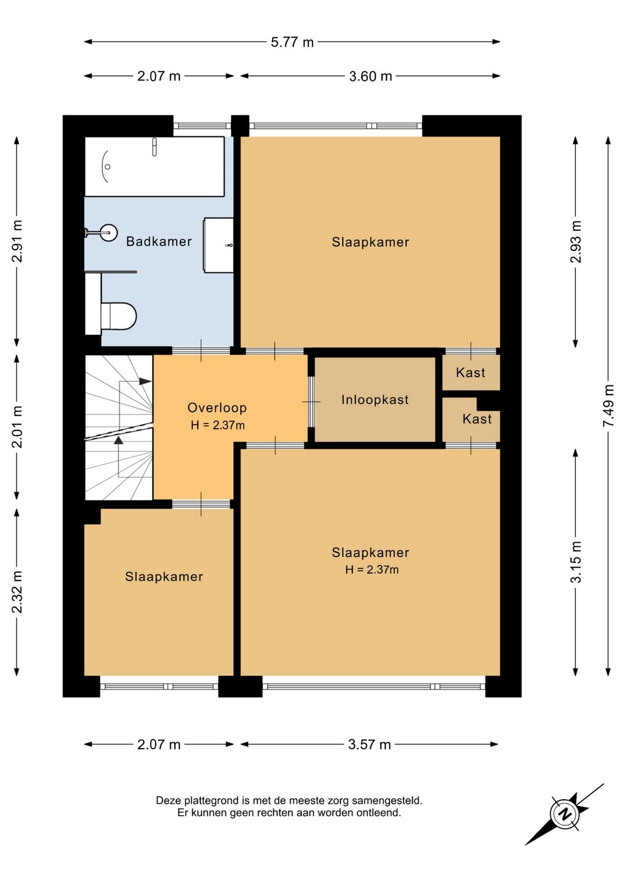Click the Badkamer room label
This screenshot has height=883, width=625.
(x=159, y=241)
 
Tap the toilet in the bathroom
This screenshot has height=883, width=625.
(x=118, y=316)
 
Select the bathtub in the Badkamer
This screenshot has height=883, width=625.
(x=155, y=166)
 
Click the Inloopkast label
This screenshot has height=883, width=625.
(x=375, y=400)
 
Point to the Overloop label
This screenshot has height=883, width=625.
(x=217, y=407)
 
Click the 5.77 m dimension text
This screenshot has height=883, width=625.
(x=292, y=42)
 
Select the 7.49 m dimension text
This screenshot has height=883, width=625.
(x=608, y=405)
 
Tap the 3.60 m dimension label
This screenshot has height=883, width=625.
(x=370, y=76)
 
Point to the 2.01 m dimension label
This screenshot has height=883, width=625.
(x=17, y=427)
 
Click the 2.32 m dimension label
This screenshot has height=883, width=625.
(x=17, y=592)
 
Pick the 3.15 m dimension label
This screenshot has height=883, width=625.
(x=576, y=562)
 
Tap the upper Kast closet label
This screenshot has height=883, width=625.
(x=470, y=373)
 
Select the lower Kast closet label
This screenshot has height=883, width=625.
(x=477, y=418)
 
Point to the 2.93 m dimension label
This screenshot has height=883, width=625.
(x=576, y=242)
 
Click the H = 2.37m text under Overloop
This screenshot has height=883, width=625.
(x=218, y=425)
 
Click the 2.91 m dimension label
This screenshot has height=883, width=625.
(x=17, y=241)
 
